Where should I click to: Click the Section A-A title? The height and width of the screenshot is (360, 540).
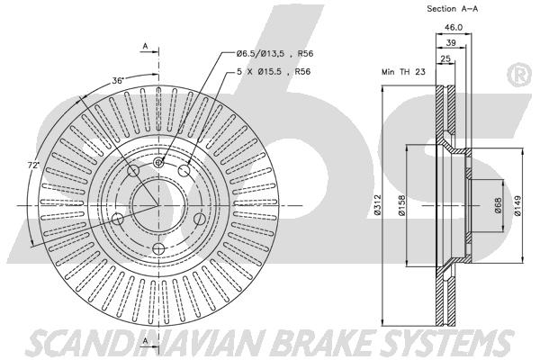pyautogui.click(x=452, y=9)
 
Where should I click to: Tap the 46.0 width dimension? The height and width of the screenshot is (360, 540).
pyautogui.click(x=453, y=27)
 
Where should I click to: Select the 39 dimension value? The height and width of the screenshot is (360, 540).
pyautogui.click(x=451, y=42)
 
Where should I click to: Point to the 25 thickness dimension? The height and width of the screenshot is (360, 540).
pyautogui.click(x=445, y=58)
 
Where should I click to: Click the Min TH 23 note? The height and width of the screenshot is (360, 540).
pyautogui.click(x=403, y=72)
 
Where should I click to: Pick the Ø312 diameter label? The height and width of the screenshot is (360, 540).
pyautogui.click(x=377, y=205)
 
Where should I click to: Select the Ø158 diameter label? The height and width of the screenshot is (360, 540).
pyautogui.click(x=401, y=206)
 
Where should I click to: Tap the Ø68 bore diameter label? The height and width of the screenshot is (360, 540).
pyautogui.click(x=498, y=205)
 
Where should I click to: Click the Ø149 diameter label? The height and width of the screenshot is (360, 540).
pyautogui.click(x=517, y=206)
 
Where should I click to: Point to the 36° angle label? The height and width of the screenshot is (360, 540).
pyautogui.click(x=117, y=81)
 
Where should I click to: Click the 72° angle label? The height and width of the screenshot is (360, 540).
pyautogui.click(x=33, y=165)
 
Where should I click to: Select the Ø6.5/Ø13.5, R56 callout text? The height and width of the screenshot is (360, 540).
pyautogui.click(x=274, y=54)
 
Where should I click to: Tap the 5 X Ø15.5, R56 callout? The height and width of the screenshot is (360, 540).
pyautogui.click(x=274, y=72)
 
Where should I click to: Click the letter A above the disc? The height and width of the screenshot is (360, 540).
pyautogui.click(x=145, y=46)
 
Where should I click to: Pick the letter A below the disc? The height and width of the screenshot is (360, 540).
pyautogui.click(x=145, y=341)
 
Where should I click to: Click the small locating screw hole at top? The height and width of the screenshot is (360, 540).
pyautogui.click(x=158, y=162)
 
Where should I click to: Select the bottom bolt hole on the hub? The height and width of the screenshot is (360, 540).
pyautogui.click(x=158, y=248)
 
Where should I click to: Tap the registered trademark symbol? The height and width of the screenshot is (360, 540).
pyautogui.click(x=519, y=75)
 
